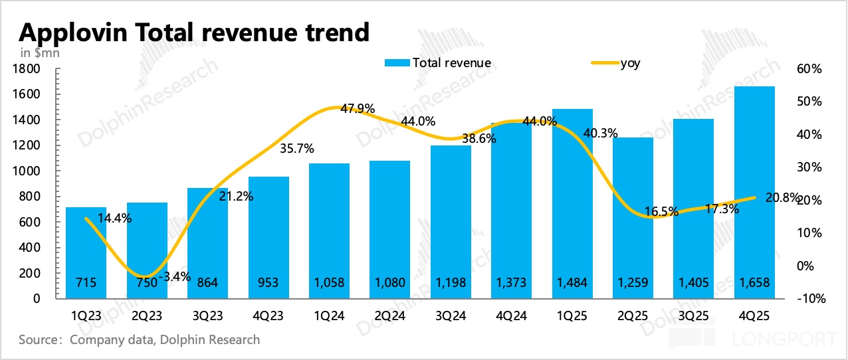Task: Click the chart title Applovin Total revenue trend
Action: tap(194, 31)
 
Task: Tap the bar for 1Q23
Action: tap(86, 252)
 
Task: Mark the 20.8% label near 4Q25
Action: tap(781, 197)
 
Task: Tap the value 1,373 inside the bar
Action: tap(511, 283)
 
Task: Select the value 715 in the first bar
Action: tap(86, 283)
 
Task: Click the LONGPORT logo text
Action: tap(788, 340)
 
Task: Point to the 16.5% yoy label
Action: tap(661, 212)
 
